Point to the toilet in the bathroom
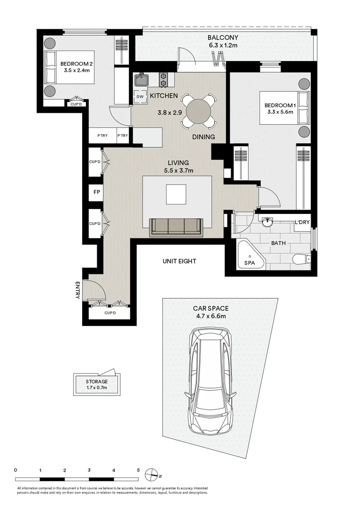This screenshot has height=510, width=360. pyautogui.click(x=301, y=259)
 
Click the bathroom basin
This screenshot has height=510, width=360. pyautogui.click(x=267, y=221)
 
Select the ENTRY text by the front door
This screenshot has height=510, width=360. pyautogui.click(x=78, y=290)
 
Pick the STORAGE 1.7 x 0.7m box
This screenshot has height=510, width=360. pyautogui.click(x=97, y=384)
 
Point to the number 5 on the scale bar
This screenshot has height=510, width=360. pyautogui.click(x=138, y=470)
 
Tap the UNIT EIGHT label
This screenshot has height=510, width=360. pyautogui.click(x=179, y=261)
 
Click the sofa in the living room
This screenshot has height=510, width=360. pyautogui.click(x=176, y=227)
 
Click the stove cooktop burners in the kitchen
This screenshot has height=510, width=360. pyautogui.click(x=164, y=79)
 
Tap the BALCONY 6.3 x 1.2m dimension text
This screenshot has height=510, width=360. pyautogui.click(x=224, y=42)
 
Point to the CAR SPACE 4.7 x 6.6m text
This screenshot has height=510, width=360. pyautogui.click(x=210, y=312)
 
